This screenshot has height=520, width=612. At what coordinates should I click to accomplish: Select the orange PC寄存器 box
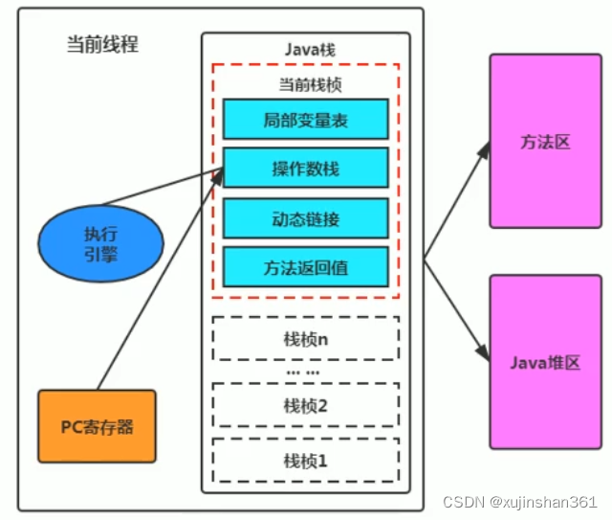pyautogui.click(x=97, y=425)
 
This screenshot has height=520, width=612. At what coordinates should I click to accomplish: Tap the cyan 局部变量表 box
pyautogui.click(x=305, y=120)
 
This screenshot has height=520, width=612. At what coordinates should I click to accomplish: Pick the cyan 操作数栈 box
pyautogui.click(x=305, y=170)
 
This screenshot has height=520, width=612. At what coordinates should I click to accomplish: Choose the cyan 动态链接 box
pyautogui.click(x=305, y=219)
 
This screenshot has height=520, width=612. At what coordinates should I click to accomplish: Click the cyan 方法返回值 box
pyautogui.click(x=305, y=267)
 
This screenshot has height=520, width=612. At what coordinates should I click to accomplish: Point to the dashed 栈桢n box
pyautogui.click(x=305, y=338)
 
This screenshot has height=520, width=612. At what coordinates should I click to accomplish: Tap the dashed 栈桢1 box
pyautogui.click(x=305, y=460)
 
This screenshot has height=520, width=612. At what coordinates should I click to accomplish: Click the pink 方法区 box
pyautogui.click(x=545, y=142)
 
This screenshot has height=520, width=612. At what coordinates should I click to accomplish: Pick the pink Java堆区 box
pyautogui.click(x=545, y=362)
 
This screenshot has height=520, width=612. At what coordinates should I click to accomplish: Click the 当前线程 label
pyautogui.click(x=102, y=45)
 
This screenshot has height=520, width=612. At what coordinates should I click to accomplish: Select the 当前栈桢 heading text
pyautogui.click(x=305, y=84)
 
